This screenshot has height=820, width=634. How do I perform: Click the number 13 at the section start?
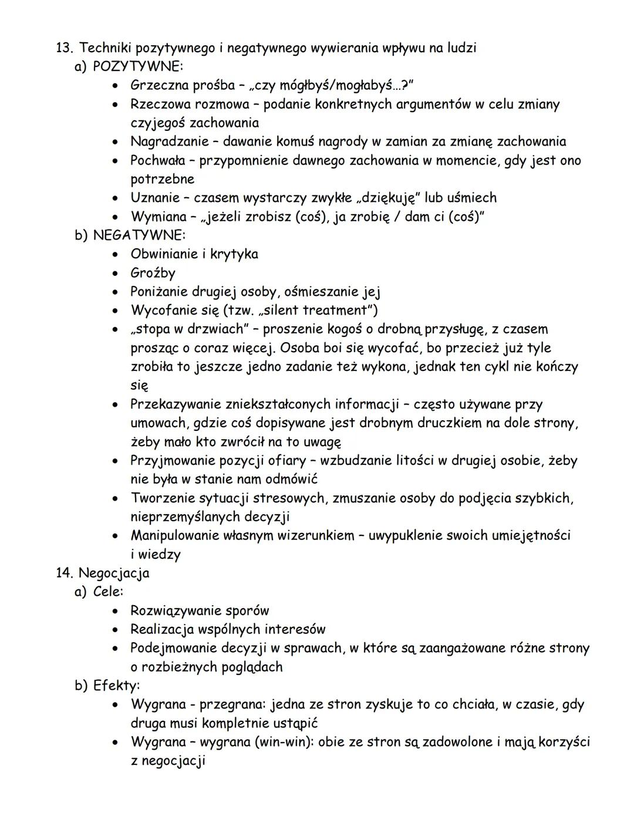[62, 48]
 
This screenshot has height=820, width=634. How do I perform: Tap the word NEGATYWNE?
[139, 235]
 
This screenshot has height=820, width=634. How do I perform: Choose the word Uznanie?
[154, 198]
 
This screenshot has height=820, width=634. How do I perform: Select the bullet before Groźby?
[117, 274]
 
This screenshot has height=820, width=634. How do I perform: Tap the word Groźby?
[153, 273]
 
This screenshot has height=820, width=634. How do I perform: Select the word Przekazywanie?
[176, 404]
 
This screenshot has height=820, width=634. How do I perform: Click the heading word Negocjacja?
[114, 573]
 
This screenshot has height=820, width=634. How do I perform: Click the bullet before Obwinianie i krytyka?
[117, 255]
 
